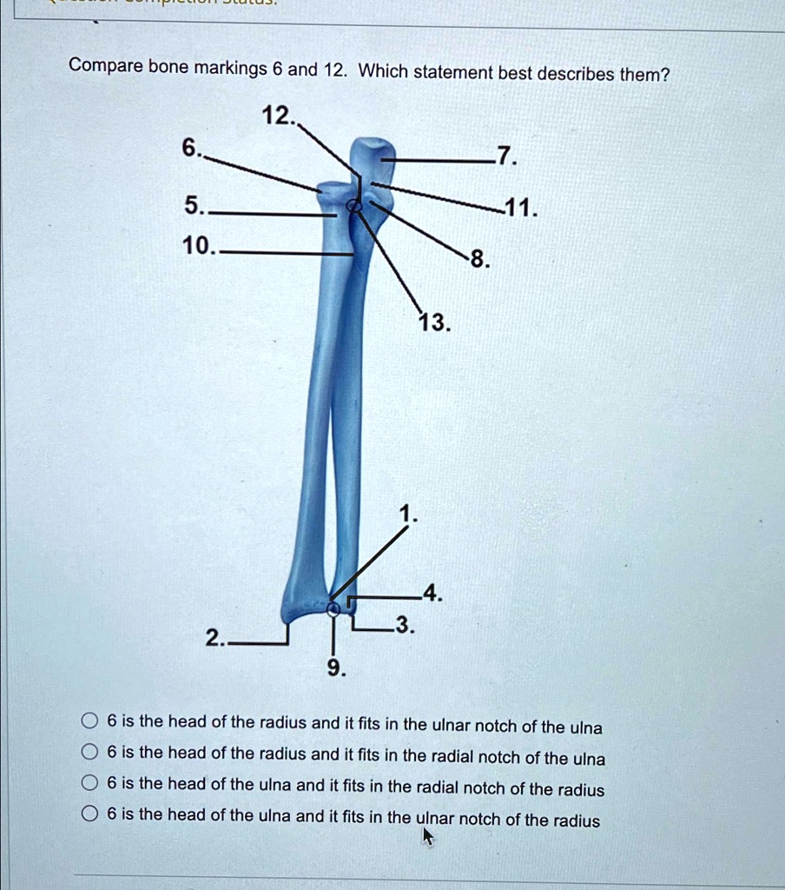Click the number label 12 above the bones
[x=277, y=115]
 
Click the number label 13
[x=433, y=323]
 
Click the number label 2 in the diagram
[x=213, y=641]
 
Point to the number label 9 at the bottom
[x=336, y=667]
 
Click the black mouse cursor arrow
[x=427, y=836]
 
